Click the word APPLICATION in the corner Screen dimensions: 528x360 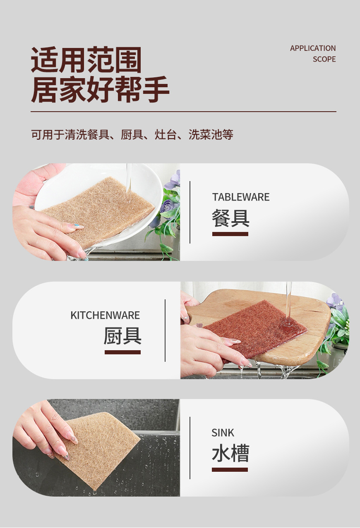pos(312,48)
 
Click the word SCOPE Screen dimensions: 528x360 pos(324,59)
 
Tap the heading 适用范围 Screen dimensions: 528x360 pos(86,60)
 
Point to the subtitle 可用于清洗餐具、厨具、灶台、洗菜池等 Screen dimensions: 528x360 pos(132,134)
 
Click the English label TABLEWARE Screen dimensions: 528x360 pos(241,197)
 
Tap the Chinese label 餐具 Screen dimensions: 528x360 pos(230,217)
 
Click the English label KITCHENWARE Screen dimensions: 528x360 pos(105,315)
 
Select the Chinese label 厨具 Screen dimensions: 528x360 pos(122,336)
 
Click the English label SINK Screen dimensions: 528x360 pos(223,433)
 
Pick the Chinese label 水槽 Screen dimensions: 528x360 pos(230,454)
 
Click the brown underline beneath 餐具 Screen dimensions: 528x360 pos(230,234)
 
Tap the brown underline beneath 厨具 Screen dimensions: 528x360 pos(122,352)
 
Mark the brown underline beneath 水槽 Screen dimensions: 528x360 pos(230,470)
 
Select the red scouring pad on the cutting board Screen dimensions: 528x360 pos(257,329)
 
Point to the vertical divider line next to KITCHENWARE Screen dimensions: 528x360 pos(165,330)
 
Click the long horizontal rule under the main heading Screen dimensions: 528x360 pos(183,112)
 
